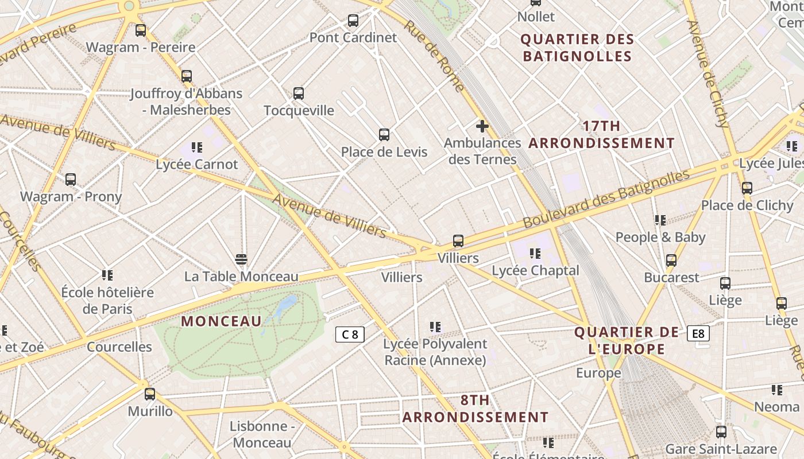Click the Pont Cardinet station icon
coord(353,21)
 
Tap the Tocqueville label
coord(299,110)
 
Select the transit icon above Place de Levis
coord(384,135)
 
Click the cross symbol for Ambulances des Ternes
coord(482,126)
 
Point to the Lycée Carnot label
coord(196,164)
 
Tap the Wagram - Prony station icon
coord(71,180)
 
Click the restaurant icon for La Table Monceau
coord(241,259)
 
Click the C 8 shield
coord(350,334)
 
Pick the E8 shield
coord(698,333)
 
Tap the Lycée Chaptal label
coord(535,270)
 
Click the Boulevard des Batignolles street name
coord(605,198)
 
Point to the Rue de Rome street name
coord(434,56)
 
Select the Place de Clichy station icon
coord(747,188)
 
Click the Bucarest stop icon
coord(671,260)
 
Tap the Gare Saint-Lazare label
coord(721,449)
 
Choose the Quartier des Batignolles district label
coord(577,48)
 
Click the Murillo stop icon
coord(150,394)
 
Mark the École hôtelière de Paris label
coord(107,301)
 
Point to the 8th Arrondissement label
coord(475,409)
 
